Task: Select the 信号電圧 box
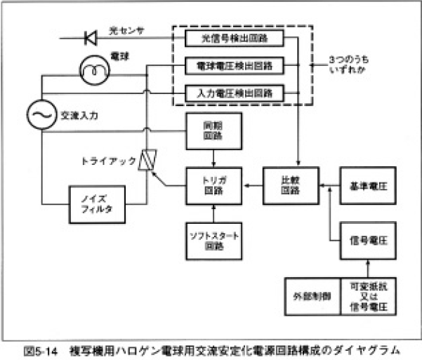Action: [364, 239]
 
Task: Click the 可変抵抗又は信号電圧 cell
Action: [364, 296]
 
